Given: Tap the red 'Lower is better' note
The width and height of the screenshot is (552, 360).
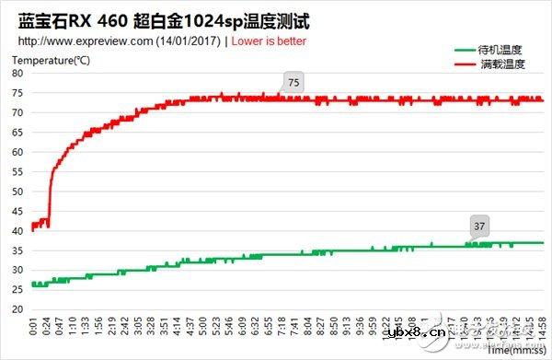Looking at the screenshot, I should coord(270,42).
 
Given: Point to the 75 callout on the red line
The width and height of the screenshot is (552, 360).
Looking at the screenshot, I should coord(293,83).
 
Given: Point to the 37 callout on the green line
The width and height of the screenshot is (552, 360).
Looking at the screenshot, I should coord(478,226).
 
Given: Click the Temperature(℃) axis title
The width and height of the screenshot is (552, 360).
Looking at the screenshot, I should coord(52,62).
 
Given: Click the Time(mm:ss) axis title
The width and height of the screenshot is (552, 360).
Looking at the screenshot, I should coord(514,350).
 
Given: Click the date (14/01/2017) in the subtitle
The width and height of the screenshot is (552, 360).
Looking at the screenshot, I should coord(191,42).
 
